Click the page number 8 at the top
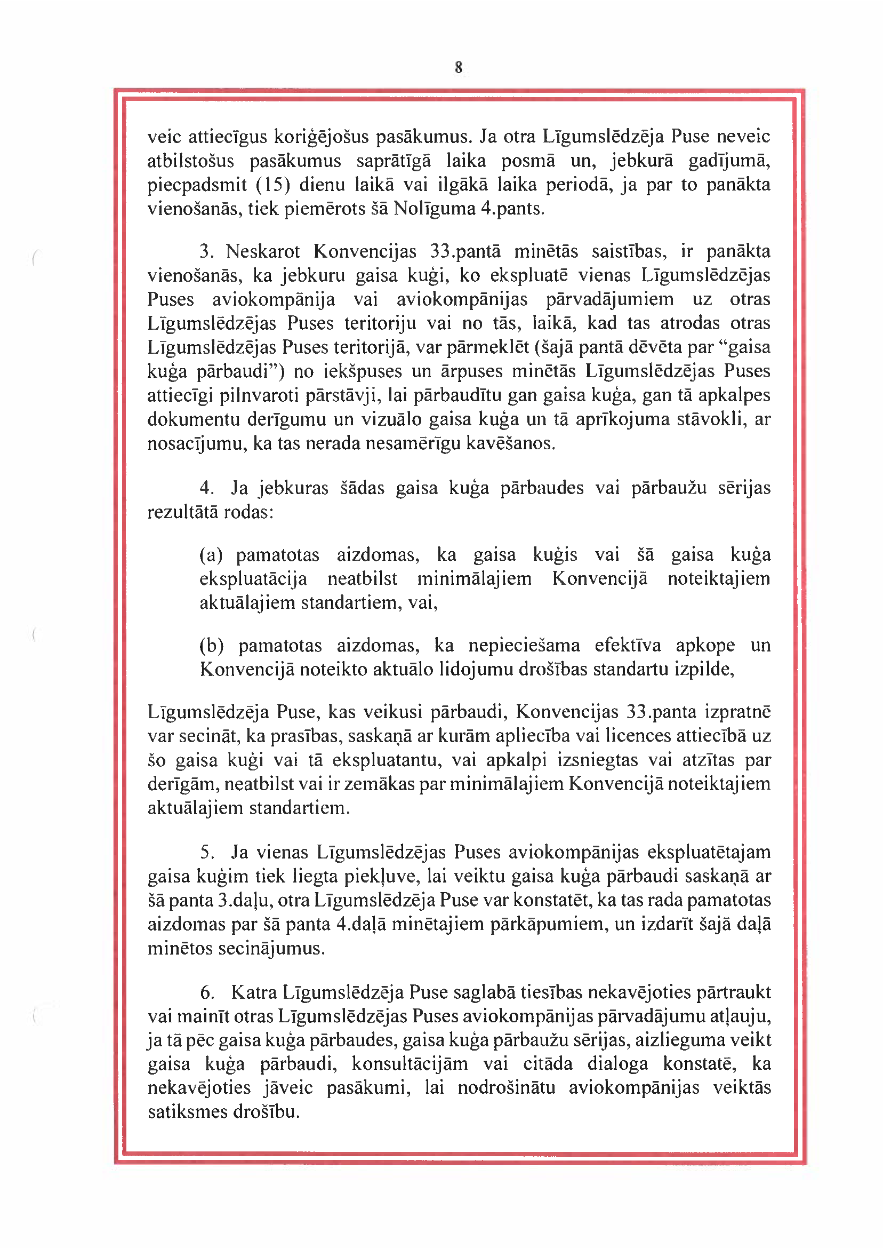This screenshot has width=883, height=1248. pyautogui.click(x=459, y=67)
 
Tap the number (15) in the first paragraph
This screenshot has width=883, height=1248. pyautogui.click(x=272, y=185)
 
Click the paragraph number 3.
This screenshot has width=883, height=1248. pyautogui.click(x=205, y=251)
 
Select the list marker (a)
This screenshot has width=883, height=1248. pyautogui.click(x=211, y=555)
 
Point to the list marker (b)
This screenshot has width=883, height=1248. pyautogui.click(x=212, y=645)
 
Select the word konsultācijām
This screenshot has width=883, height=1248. pyautogui.click(x=410, y=1064)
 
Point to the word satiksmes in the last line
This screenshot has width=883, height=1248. pyautogui.click(x=188, y=1111)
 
